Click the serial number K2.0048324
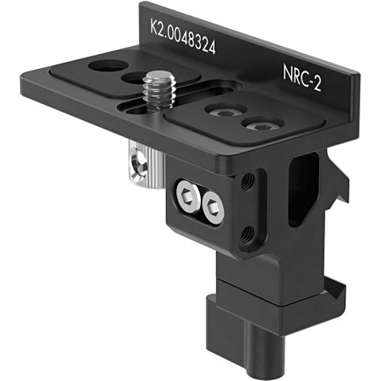(x=183, y=37)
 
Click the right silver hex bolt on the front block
(x=213, y=208)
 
